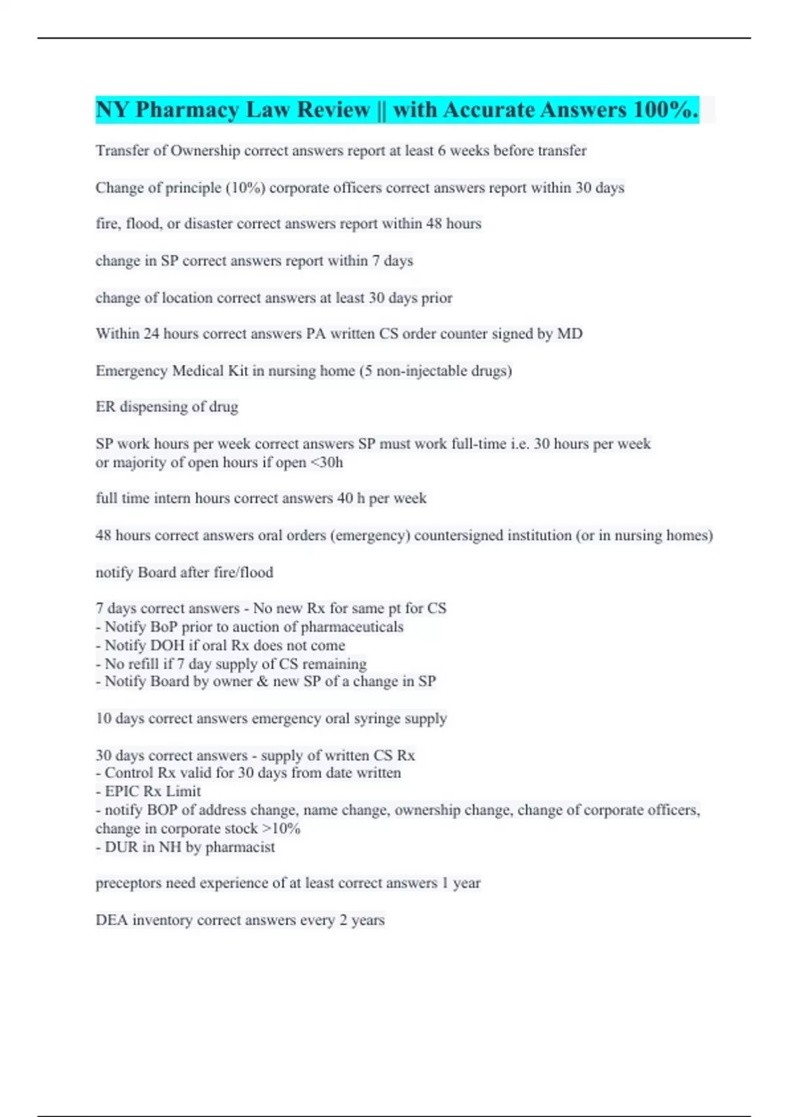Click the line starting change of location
pos(274,298)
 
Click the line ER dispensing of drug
pos(167,407)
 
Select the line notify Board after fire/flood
pos(184,572)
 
